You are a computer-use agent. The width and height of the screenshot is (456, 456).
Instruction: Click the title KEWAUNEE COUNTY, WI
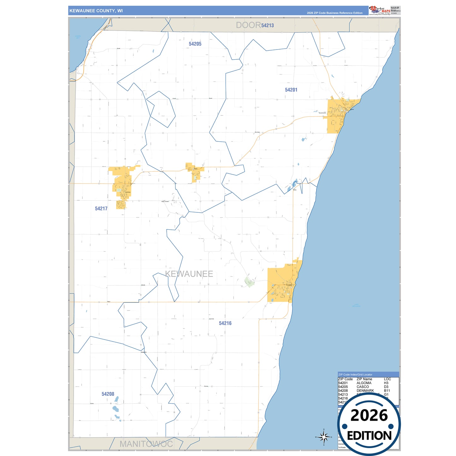coord(96,11)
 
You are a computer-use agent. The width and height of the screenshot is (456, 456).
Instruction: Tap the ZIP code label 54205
coord(195,44)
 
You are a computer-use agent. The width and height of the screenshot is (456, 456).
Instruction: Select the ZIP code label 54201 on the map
coord(291,90)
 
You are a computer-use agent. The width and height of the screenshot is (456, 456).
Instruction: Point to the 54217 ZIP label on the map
coord(101,209)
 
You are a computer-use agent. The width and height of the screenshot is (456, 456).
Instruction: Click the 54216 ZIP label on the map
coord(225,323)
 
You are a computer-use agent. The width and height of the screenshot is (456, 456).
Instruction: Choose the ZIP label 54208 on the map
coord(108,394)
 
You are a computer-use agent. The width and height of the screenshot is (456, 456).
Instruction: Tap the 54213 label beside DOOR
coord(267,26)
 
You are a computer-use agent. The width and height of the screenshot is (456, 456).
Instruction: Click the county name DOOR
coord(248,25)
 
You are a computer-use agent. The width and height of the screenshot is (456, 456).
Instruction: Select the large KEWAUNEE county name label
coord(189,274)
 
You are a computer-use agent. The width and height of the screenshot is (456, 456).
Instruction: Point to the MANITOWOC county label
coord(146,444)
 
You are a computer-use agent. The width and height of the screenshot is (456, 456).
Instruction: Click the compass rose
coord(323,437)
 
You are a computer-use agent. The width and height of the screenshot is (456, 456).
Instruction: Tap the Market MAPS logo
coord(380,10)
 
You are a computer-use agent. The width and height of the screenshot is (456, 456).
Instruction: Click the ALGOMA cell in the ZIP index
coord(364,383)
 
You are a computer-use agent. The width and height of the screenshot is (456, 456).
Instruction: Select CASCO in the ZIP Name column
coord(363,387)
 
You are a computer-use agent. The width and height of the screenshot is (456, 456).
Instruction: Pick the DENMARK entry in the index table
coord(365,391)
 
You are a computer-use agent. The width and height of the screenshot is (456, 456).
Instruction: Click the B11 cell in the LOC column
coord(387,391)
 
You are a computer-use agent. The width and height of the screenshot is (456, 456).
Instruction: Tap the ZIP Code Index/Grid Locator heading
coord(355,375)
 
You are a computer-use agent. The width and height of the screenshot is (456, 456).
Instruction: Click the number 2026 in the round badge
coord(369,415)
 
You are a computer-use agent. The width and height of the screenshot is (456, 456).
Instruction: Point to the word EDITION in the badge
coord(369,436)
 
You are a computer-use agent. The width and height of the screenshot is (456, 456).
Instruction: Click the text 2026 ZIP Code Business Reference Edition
coord(335,13)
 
